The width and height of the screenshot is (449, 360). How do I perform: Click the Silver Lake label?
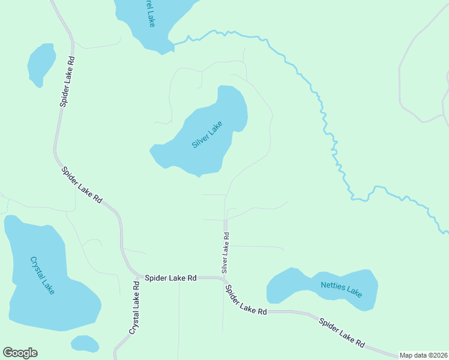click(x=207, y=135)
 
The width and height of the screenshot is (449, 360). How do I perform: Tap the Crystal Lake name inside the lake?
click(x=42, y=275)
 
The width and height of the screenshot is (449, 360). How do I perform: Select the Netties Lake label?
click(x=342, y=289)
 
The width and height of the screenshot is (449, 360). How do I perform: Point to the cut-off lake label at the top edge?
click(x=147, y=13)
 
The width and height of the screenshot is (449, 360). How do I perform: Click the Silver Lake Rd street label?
click(x=226, y=253)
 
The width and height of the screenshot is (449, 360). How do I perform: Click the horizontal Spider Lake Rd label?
click(x=171, y=278)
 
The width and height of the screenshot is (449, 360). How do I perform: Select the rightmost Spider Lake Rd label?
click(x=342, y=332)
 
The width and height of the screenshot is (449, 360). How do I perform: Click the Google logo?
click(x=20, y=353)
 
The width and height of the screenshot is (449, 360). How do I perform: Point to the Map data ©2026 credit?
click(x=424, y=355)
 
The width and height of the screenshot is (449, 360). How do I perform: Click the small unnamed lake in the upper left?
click(x=41, y=64)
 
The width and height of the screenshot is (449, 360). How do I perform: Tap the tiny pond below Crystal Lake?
click(x=85, y=344)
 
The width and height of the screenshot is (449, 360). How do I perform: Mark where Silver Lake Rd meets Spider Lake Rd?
click(x=225, y=278)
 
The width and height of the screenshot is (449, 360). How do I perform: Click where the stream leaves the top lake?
click(x=175, y=43)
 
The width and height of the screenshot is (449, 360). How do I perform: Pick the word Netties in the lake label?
click(x=334, y=286)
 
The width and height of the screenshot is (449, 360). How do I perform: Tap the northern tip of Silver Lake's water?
click(x=226, y=88)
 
